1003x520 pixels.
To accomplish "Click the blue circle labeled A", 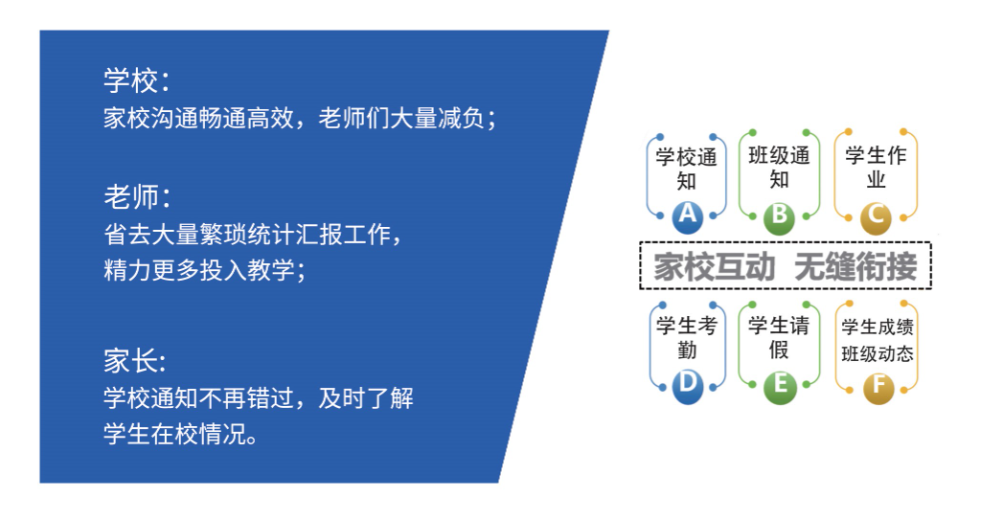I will (x=687, y=216).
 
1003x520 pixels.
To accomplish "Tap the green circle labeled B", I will (x=780, y=216).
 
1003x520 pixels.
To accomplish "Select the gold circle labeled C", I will (x=876, y=217).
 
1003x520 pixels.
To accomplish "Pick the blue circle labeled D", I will (x=687, y=385).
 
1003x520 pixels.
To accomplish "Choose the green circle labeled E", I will (x=780, y=385).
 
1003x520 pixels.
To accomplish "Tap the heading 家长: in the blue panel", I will (x=135, y=362).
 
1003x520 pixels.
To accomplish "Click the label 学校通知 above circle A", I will (x=686, y=168).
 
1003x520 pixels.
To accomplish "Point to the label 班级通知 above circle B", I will (x=780, y=167).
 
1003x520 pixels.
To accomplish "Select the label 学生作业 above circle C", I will (x=876, y=167).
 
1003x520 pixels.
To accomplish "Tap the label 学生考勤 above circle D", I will (x=687, y=336).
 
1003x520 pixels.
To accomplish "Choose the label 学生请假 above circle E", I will (x=780, y=336).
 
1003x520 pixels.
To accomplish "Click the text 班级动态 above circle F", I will (x=878, y=354).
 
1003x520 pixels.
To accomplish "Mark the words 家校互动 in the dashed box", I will (x=714, y=266).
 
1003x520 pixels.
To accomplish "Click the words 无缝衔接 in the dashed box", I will (x=855, y=266).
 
